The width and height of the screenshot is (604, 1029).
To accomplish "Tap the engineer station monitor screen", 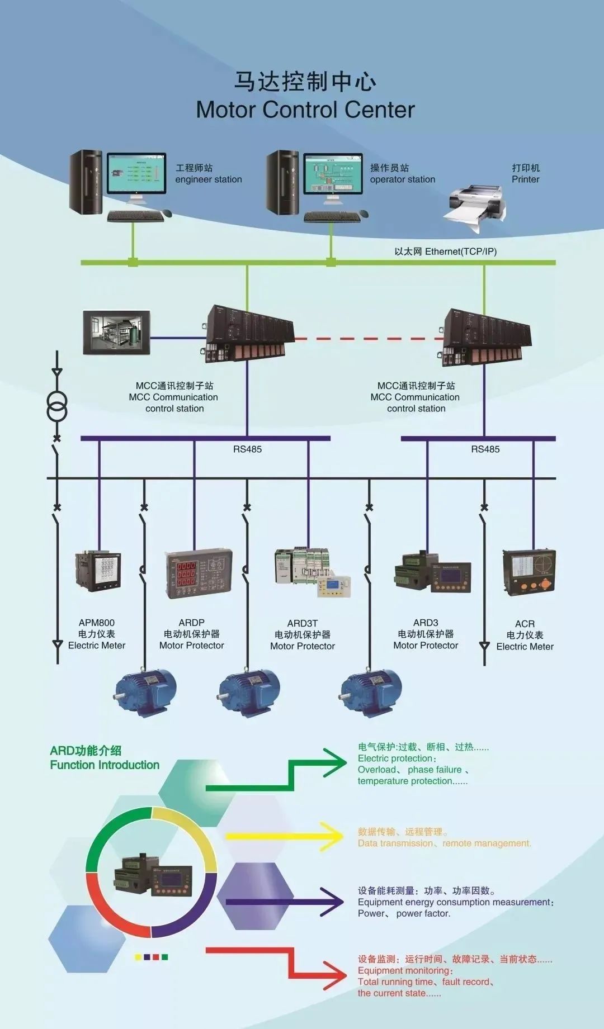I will click(136, 173).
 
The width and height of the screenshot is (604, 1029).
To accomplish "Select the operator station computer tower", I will click(283, 183).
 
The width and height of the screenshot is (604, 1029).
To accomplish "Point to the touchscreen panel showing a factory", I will click(117, 333).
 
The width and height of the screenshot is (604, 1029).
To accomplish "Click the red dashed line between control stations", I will click(369, 339).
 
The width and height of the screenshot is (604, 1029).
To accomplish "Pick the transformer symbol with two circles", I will click(56, 406).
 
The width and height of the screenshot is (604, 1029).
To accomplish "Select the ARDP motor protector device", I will click(198, 574).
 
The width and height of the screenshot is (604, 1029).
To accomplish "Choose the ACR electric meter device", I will click(529, 571).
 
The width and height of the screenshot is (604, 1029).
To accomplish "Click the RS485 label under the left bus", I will click(247, 449).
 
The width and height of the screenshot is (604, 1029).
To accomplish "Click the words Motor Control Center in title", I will click(305, 110).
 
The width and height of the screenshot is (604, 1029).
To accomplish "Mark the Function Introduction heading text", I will click(105, 765).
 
